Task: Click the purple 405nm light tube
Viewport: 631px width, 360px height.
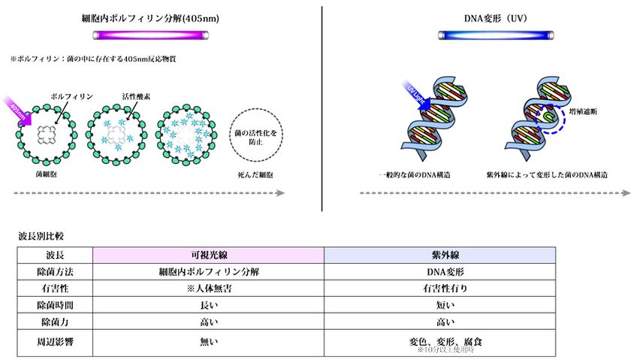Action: [159, 35]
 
